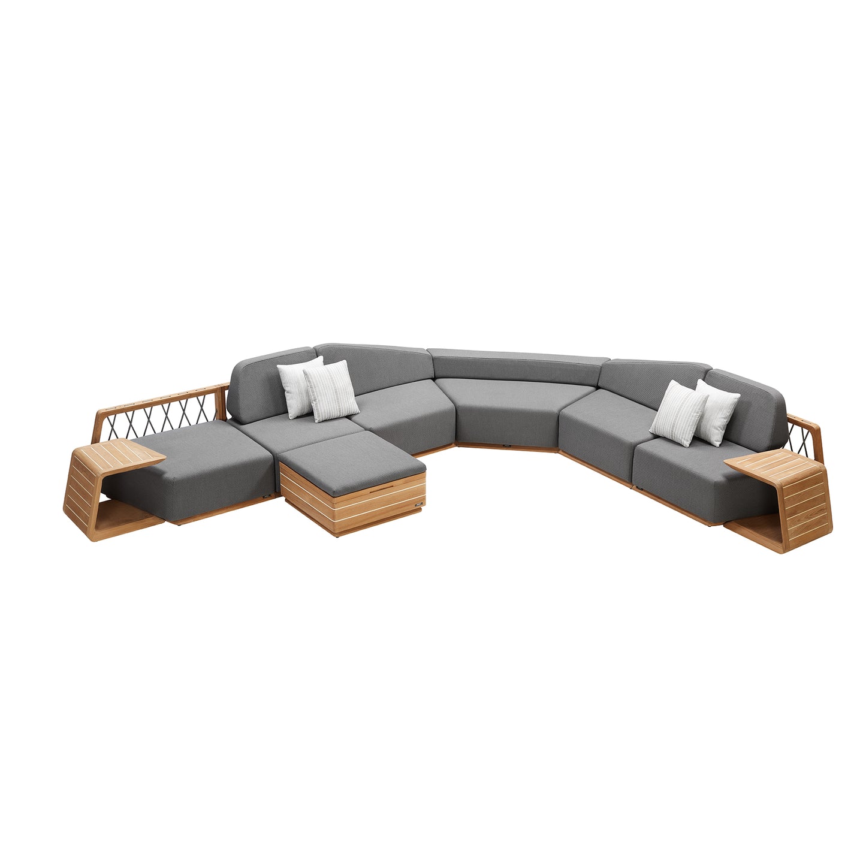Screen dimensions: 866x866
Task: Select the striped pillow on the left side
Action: [x=331, y=391]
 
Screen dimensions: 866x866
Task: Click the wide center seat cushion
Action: [x=509, y=414]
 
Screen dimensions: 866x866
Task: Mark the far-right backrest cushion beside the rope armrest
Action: [x=755, y=402]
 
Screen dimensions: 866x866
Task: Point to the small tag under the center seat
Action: [x=507, y=446]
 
